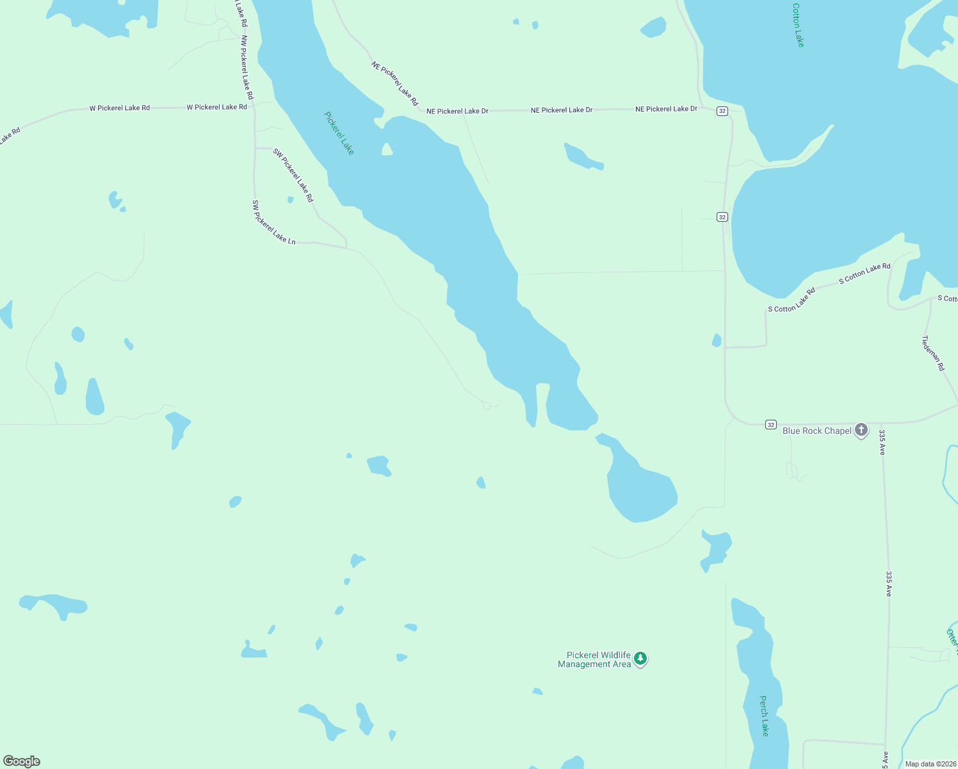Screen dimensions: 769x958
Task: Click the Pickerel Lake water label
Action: [339, 133]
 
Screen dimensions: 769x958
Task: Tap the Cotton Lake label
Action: [798, 25]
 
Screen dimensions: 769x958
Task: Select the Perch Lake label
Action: [764, 715]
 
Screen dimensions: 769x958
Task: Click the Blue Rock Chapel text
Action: [816, 431]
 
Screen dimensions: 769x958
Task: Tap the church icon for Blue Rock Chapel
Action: [861, 430]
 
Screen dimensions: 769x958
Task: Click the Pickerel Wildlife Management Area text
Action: [594, 659]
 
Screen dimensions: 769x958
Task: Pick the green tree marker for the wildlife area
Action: [640, 659]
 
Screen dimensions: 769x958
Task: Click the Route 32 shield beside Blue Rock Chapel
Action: [771, 425]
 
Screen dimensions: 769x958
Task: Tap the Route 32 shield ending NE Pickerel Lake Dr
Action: [722, 111]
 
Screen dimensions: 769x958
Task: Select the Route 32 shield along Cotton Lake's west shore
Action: [722, 217]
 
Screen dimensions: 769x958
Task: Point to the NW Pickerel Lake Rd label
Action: [247, 67]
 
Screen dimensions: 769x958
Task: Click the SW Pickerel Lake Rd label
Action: [293, 175]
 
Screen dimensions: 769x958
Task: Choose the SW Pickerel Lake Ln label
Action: [273, 222]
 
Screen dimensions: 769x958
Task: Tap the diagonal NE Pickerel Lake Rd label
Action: [394, 83]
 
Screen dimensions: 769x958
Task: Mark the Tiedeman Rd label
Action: [933, 353]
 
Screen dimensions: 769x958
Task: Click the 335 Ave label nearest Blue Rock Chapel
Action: [882, 442]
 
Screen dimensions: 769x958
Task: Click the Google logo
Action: [22, 761]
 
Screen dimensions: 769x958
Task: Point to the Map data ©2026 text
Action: [930, 764]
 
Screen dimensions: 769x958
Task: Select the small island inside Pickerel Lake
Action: [387, 150]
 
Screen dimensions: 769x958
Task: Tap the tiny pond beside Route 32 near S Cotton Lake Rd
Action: [717, 340]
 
